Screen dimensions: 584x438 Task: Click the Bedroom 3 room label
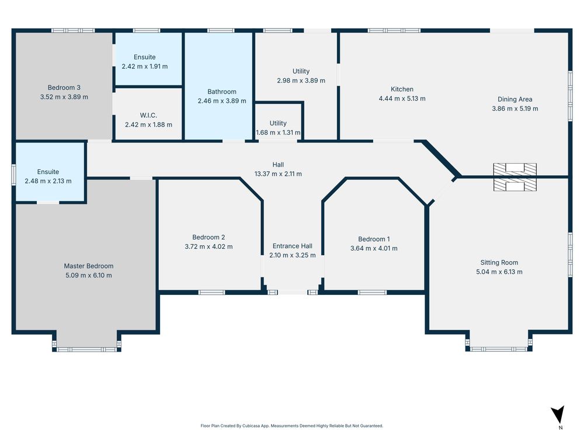click(x=64, y=88)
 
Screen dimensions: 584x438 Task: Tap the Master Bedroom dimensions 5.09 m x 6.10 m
click(x=89, y=275)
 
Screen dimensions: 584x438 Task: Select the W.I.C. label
click(x=148, y=116)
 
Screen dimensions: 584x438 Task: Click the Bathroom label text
click(x=222, y=92)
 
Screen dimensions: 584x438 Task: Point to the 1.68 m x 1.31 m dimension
click(x=278, y=133)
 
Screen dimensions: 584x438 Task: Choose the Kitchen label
click(x=402, y=89)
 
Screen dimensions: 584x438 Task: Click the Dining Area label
click(x=515, y=99)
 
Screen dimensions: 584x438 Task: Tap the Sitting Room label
click(x=499, y=262)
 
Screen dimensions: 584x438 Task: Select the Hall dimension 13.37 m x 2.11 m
click(x=278, y=174)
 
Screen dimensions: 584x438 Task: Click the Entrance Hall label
click(x=293, y=246)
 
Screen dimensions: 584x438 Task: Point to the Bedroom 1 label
click(x=374, y=239)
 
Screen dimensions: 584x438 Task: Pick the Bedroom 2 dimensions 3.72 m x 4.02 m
click(x=208, y=246)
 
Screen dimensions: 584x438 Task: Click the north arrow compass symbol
click(x=558, y=415)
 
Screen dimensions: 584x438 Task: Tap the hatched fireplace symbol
click(x=515, y=177)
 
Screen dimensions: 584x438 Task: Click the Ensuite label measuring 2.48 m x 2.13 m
click(x=48, y=172)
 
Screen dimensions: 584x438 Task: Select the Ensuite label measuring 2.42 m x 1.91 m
click(x=144, y=57)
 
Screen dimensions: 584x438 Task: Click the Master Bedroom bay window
click(x=86, y=349)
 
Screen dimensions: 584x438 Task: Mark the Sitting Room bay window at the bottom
click(x=499, y=349)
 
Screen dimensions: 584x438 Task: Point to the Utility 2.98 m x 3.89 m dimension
click(x=301, y=81)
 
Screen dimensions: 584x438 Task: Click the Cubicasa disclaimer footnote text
click(x=291, y=426)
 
